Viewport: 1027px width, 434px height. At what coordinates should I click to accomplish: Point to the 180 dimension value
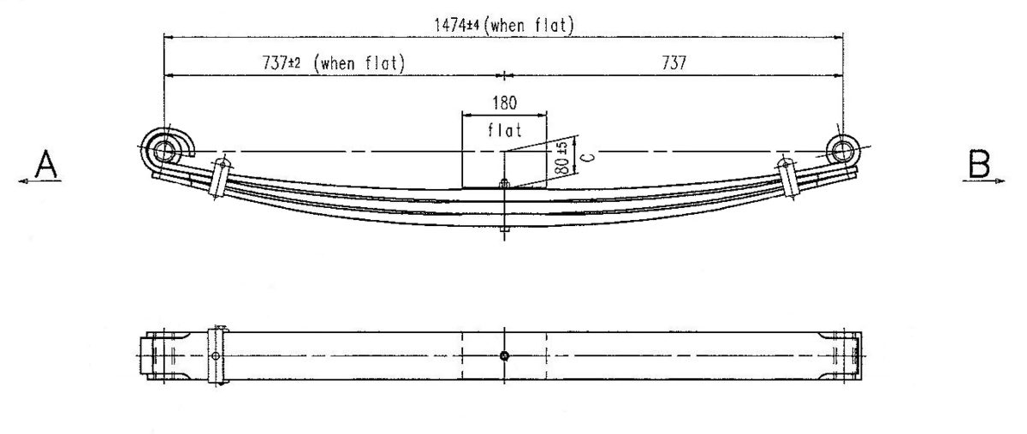[x=504, y=104]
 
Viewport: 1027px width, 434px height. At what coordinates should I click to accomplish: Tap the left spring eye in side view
[x=164, y=152]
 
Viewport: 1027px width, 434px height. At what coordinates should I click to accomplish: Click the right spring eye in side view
[x=843, y=152]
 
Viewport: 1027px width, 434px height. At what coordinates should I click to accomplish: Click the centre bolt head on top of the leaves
[x=504, y=181]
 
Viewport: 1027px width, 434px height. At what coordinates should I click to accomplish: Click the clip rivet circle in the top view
[x=217, y=356]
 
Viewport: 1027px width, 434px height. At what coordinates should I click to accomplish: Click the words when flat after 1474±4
[x=528, y=26]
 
